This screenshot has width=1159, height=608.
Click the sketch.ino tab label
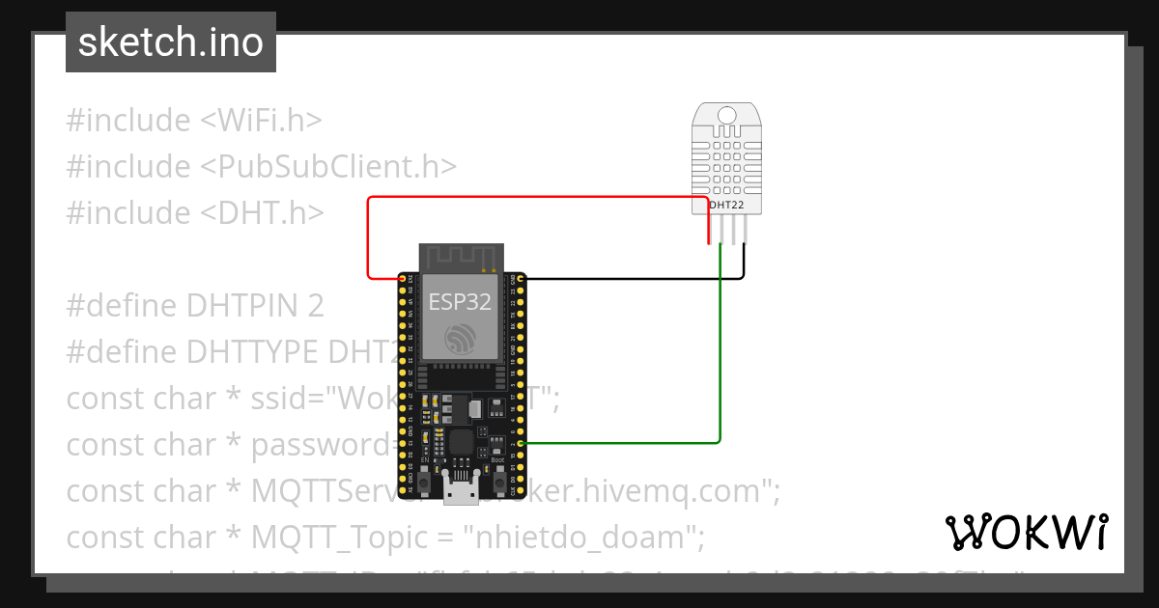pos(170,43)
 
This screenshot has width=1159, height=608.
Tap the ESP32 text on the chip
pos(460,302)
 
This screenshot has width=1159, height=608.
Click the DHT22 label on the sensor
pos(726,205)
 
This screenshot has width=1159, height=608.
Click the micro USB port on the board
pos(462,491)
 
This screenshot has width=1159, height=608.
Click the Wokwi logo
pos(1025,533)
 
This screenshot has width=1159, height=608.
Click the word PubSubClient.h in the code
pos(327,166)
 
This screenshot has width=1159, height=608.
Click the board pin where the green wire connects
pos(522,443)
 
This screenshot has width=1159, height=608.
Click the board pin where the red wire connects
pos(402,279)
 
